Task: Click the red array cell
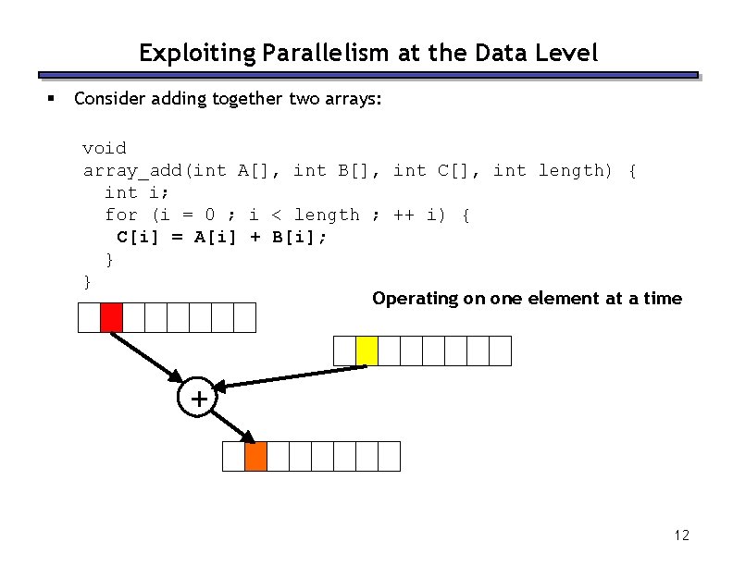coord(111,317)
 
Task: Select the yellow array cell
coord(366,351)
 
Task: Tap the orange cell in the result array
coord(255,456)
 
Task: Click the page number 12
coord(682,535)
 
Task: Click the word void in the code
coord(105,148)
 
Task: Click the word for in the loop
coord(121,215)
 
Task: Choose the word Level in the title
coord(570,54)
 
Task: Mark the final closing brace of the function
coord(88,281)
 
